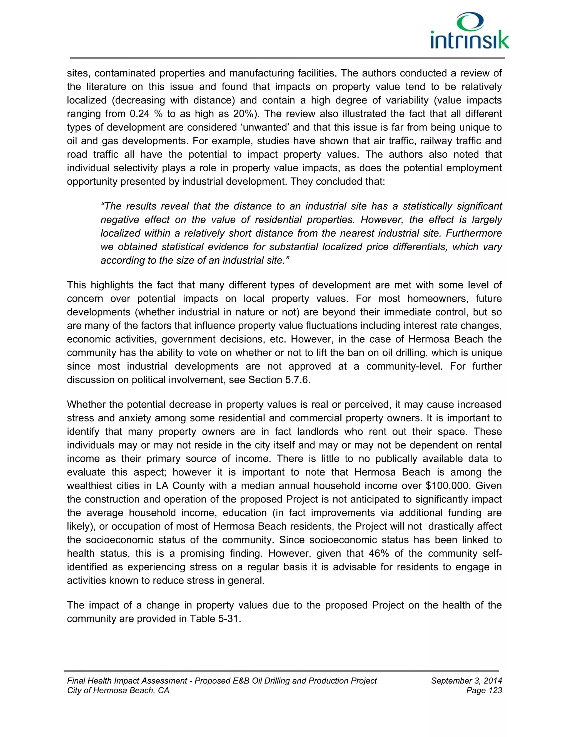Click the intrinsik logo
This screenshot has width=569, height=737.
click(x=470, y=31)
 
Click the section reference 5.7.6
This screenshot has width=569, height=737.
click(x=297, y=380)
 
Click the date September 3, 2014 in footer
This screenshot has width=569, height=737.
click(x=466, y=681)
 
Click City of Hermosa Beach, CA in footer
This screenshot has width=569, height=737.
click(x=118, y=691)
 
